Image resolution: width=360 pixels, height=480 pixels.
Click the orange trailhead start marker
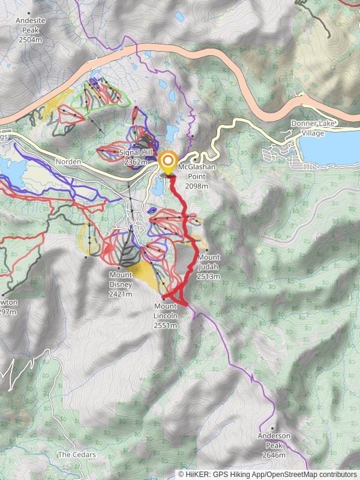coord(167,161)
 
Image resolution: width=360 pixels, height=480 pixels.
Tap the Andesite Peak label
coord(30,29)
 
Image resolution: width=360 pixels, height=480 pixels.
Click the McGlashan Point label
coord(196,177)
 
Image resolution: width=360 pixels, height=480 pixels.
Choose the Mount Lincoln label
coord(165,316)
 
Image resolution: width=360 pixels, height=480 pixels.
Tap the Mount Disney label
coord(121,284)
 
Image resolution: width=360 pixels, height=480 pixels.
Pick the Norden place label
coord(67,162)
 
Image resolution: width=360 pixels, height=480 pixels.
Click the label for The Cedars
coord(76,455)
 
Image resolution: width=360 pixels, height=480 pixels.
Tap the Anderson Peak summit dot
coord(272,428)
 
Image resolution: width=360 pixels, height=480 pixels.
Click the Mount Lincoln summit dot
coord(163,298)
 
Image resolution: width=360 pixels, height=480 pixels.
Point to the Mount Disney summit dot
coord(119,268)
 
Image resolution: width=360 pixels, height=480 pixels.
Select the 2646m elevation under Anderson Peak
coord(274,455)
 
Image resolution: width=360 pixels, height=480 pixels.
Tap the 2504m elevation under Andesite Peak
coord(30,40)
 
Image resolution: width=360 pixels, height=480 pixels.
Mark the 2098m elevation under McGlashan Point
coord(196,187)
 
